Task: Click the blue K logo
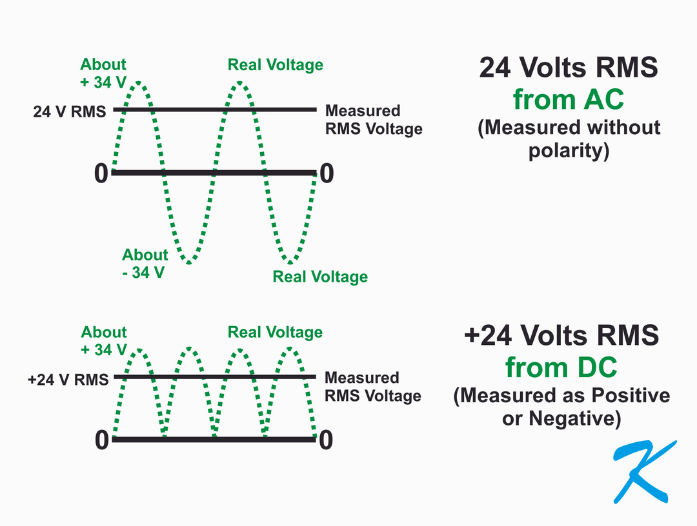pyautogui.click(x=643, y=472)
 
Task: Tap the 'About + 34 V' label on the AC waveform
pyautogui.click(x=103, y=72)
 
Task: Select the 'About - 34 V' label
pyautogui.click(x=145, y=263)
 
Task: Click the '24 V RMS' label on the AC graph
pyautogui.click(x=69, y=112)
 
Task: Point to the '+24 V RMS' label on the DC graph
pyautogui.click(x=68, y=379)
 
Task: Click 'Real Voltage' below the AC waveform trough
pyautogui.click(x=320, y=277)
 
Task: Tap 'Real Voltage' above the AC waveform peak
pyautogui.click(x=276, y=65)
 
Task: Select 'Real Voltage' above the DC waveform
pyautogui.click(x=276, y=333)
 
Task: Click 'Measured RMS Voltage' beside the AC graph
pyautogui.click(x=374, y=120)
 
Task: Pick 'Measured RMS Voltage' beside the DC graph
pyautogui.click(x=373, y=387)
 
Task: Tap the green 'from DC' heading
pyautogui.click(x=561, y=367)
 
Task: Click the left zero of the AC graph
pyautogui.click(x=101, y=173)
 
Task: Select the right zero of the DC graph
pyautogui.click(x=326, y=440)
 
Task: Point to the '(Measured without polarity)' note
pyautogui.click(x=569, y=139)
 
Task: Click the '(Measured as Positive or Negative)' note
pyautogui.click(x=561, y=407)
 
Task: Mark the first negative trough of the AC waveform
pyautogui.click(x=188, y=262)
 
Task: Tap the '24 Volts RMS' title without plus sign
pyautogui.click(x=569, y=68)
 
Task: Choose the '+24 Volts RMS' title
pyautogui.click(x=561, y=336)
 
